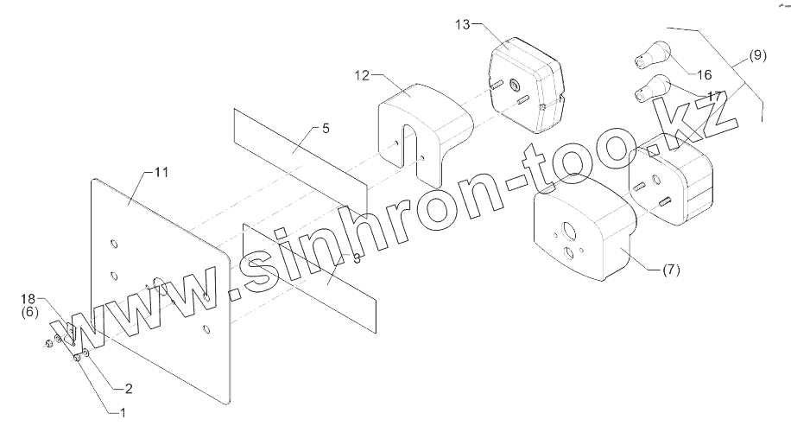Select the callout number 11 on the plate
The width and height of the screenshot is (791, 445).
coord(161,172)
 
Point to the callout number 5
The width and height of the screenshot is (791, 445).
coord(325,129)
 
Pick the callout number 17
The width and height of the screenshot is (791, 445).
coord(713,95)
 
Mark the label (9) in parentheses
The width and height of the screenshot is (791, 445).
coord(756,56)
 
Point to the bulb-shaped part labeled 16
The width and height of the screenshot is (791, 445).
coord(652,56)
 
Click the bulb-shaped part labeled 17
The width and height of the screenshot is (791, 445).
coord(654,88)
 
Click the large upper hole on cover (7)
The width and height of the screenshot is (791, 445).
coord(569,232)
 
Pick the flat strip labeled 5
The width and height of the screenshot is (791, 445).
coord(298,151)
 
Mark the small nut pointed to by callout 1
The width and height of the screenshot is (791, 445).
coord(77,356)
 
